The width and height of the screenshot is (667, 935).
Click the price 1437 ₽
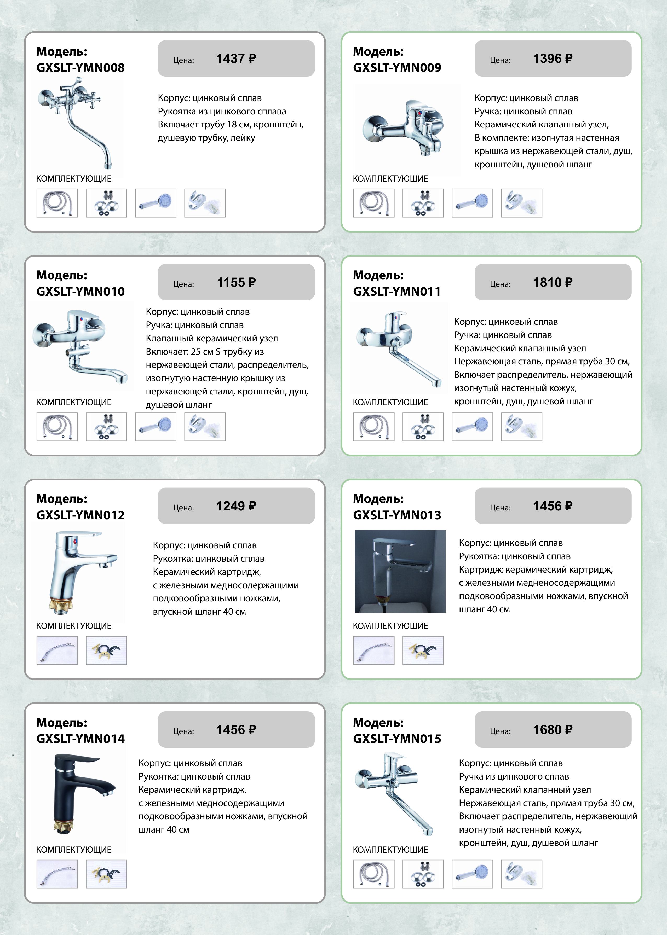[236, 59]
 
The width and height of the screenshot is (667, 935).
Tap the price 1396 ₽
[553, 59]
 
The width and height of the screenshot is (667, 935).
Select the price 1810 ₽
[553, 282]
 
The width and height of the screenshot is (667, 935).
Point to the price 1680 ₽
[553, 730]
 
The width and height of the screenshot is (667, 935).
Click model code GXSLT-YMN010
[80, 291]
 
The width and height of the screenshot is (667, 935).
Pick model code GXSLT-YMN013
[397, 515]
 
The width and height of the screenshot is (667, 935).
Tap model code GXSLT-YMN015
[397, 739]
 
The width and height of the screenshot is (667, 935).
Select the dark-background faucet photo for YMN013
[400, 571]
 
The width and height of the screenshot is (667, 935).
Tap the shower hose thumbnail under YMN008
[57, 203]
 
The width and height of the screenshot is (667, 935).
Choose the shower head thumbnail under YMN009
[472, 203]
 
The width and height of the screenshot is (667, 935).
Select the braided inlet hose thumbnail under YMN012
[57, 650]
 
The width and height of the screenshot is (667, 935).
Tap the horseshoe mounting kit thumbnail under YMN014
[106, 874]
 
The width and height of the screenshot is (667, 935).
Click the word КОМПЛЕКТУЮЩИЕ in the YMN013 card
[390, 626]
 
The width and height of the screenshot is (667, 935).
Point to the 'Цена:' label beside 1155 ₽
[183, 284]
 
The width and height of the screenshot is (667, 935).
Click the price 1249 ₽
[236, 506]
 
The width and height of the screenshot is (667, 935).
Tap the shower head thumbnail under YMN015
[472, 874]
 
